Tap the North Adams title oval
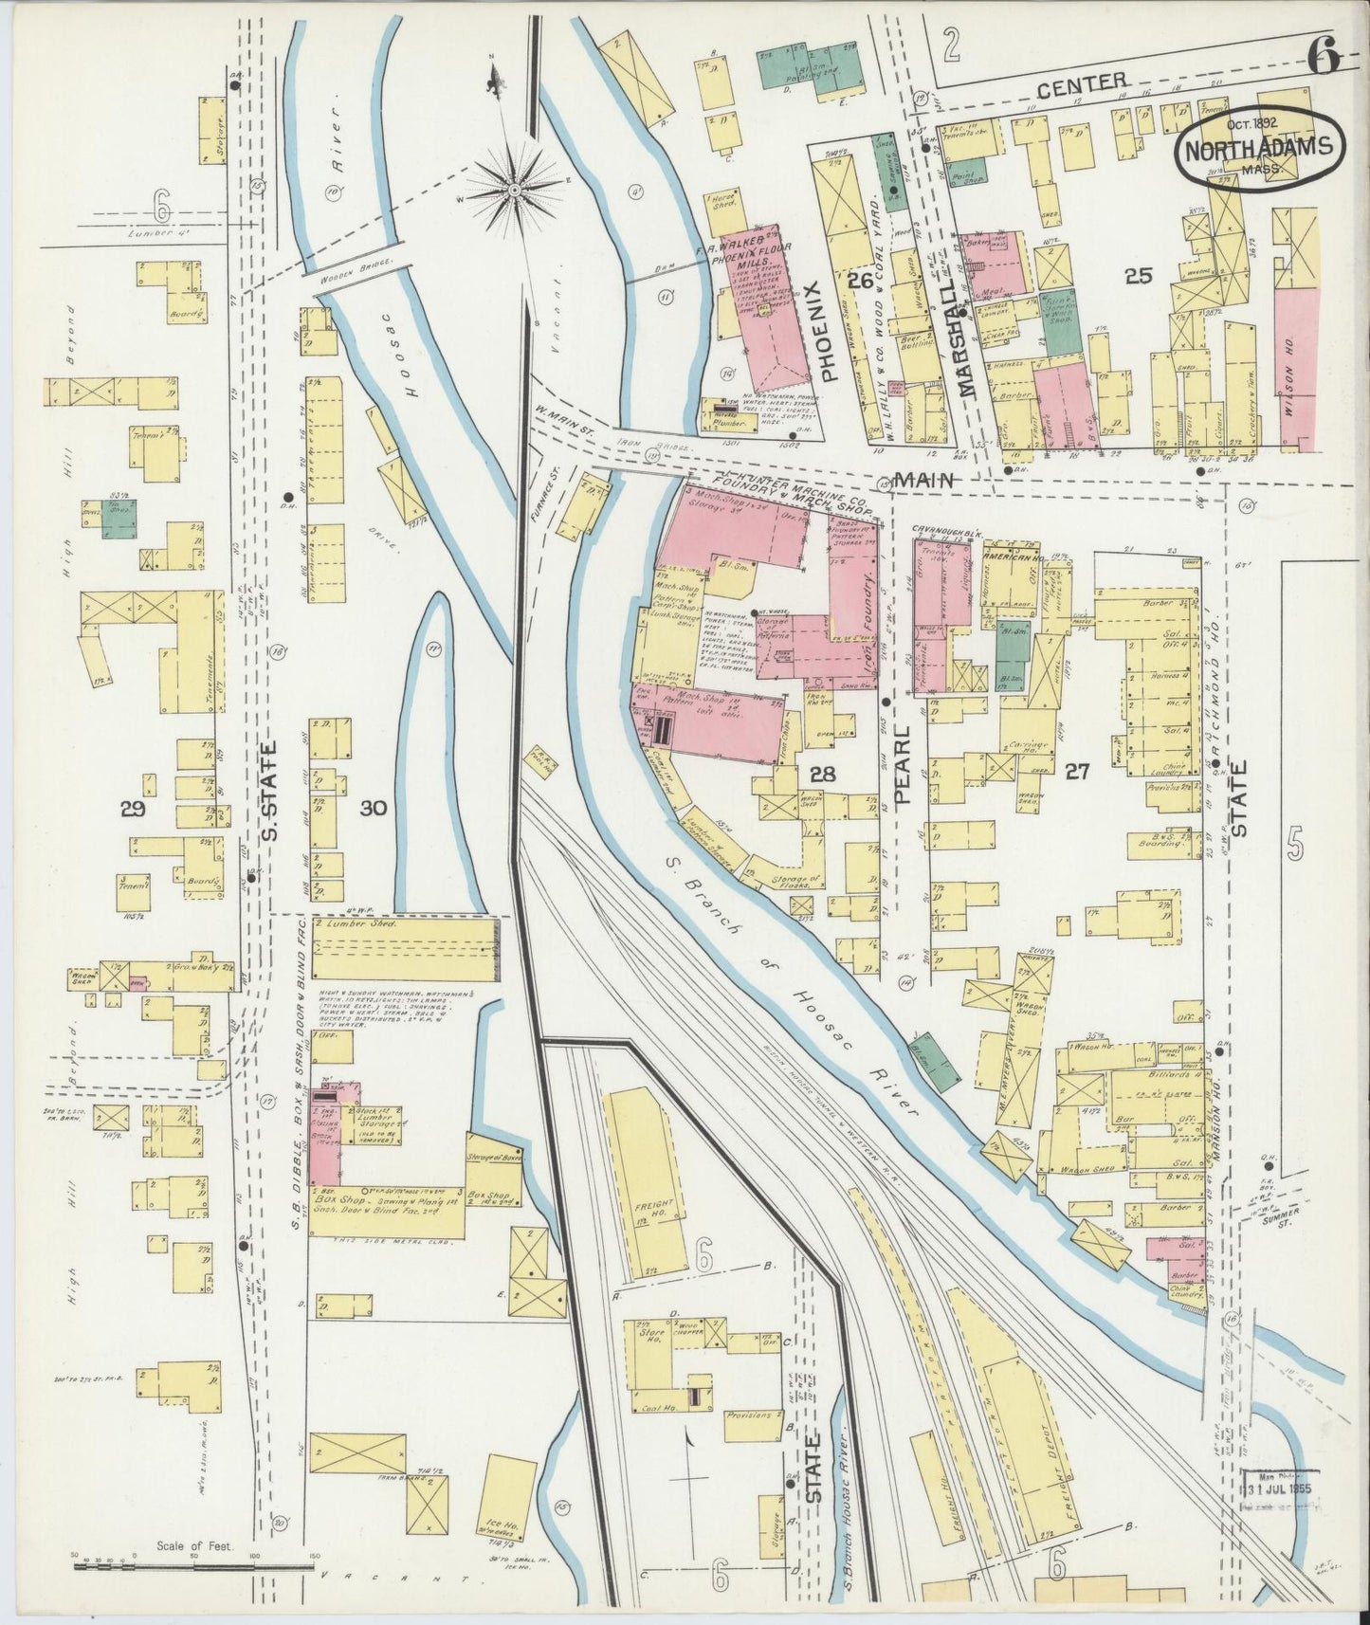1260,149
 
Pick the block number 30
374,808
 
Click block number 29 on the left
132,808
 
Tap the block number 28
822,775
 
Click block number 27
1075,773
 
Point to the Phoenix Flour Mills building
763,308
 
